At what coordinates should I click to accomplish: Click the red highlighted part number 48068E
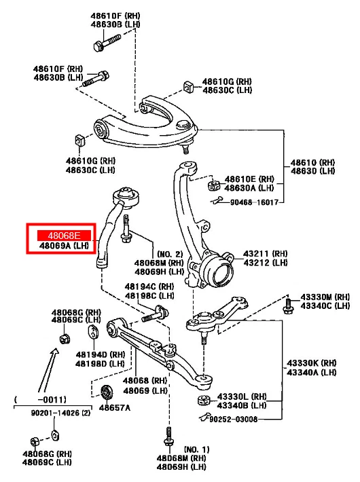click(x=60, y=234)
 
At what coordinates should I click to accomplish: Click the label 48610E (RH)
click(x=249, y=178)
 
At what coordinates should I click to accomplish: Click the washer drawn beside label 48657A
click(x=105, y=392)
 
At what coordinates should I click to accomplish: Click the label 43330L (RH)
click(x=242, y=396)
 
